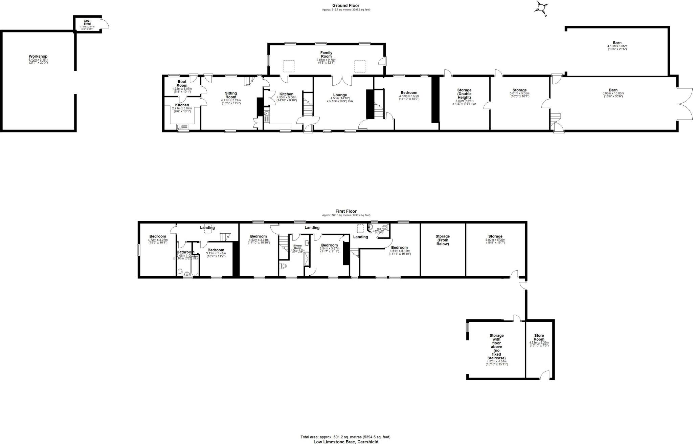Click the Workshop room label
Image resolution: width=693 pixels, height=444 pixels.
[38, 56]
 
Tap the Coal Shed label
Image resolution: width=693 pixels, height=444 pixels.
[87, 22]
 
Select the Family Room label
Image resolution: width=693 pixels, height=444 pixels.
[326, 55]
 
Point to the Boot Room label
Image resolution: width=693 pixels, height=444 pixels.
[182, 84]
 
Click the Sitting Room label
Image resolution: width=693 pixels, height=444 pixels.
[231, 95]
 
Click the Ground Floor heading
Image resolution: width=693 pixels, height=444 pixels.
[345, 5]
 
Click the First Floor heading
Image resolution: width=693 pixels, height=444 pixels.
[346, 211]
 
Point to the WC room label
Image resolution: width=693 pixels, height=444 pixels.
[379, 229]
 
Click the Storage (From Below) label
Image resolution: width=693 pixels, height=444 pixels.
[442, 240]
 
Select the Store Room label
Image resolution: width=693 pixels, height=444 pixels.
[539, 337]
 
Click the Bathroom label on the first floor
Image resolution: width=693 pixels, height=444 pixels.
[185, 252]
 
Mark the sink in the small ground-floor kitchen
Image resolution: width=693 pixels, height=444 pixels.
[183, 127]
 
